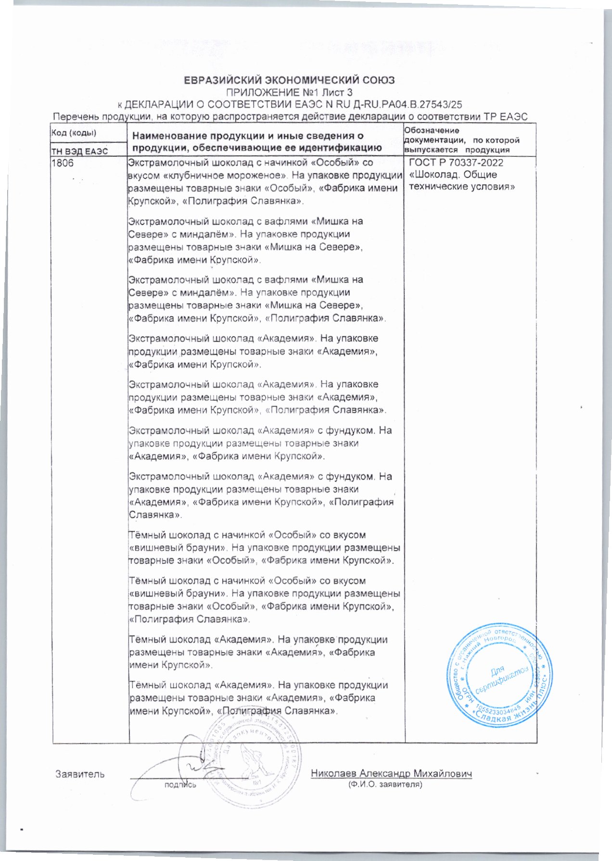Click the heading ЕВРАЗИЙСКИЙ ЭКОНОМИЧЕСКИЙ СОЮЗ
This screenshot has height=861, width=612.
pos(290,80)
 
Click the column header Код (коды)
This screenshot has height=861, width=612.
pos(74,133)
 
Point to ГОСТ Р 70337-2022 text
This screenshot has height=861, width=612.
pos(456,163)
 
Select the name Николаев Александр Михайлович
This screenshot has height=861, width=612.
pos(391,773)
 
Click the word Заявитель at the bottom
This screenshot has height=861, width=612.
pos(80,774)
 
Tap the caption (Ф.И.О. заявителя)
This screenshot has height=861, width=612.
pos(385,785)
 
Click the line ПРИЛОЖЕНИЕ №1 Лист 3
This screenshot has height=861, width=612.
pos(290,92)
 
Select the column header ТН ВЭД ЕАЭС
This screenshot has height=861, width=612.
pos(80,151)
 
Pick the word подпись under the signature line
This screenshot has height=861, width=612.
pos(180,785)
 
